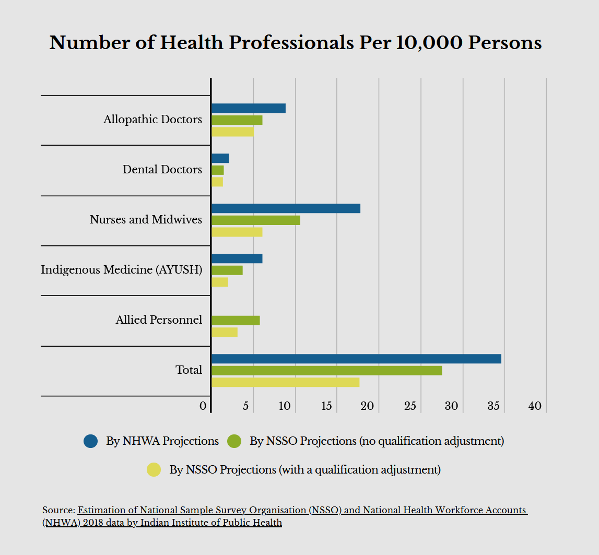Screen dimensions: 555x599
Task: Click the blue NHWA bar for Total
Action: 356,359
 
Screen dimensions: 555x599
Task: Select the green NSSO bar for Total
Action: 326,370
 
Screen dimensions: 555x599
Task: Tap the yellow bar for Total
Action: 285,382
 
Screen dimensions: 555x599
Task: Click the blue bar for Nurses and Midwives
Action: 286,208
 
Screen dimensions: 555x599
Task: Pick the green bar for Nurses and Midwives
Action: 256,220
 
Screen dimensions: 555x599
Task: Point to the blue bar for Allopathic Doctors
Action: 249,108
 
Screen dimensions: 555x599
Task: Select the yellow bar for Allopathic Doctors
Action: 232,132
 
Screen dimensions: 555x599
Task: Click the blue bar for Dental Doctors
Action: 220,158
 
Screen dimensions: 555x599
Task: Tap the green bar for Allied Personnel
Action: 236,321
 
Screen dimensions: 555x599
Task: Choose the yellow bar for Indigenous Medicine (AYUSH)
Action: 220,282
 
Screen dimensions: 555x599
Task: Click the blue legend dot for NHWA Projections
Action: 90,441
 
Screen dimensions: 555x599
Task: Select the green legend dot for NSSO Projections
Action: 234,441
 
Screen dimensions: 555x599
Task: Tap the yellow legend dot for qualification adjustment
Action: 154,470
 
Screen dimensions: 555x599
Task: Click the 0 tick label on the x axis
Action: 203,406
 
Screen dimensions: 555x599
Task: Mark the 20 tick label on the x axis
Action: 368,406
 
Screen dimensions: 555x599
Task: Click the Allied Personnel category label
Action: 159,320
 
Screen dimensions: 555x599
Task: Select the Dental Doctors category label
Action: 162,169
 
